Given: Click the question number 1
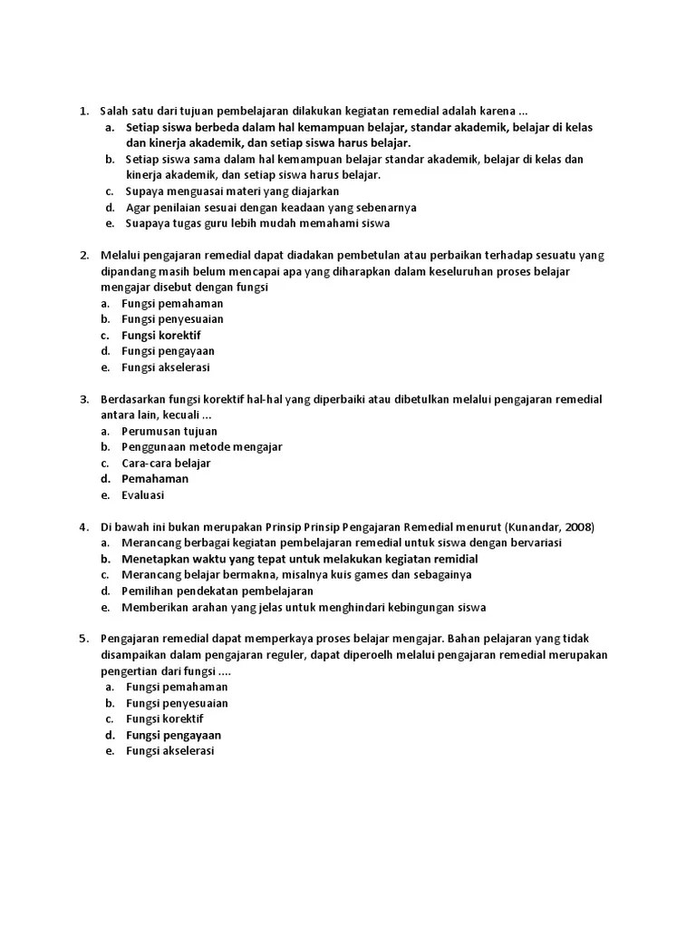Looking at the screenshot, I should point(82,112).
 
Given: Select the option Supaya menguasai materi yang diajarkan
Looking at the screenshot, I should point(233,191).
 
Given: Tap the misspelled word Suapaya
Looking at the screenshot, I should point(149,223).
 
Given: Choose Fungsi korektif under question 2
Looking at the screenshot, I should point(161,335).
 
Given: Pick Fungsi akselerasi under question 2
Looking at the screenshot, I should point(166,367).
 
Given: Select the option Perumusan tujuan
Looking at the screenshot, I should point(169,431).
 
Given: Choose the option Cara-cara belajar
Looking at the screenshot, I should point(166,463).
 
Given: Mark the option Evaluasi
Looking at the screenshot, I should point(143,495).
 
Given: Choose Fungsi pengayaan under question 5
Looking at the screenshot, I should point(173,735).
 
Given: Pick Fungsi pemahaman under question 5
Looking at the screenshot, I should point(177,687).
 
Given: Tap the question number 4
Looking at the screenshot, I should point(82,527).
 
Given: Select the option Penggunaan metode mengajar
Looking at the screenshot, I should point(202,447).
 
